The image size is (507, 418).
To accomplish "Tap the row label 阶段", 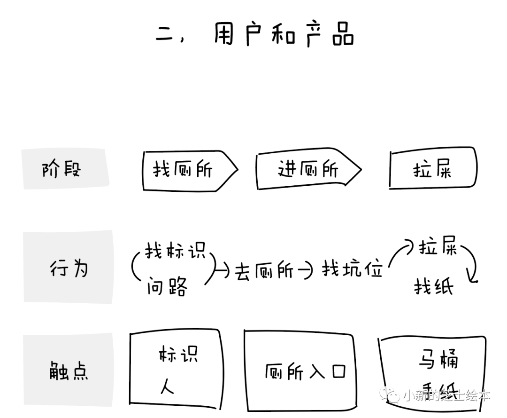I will pos(61,169).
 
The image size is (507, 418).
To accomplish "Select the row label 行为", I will pos(69,268).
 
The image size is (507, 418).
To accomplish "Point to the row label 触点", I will pos(68,371).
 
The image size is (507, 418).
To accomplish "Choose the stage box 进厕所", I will pos(307,170).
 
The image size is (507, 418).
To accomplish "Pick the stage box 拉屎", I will pos(432,170).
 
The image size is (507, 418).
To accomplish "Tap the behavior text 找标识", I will pos(175,251).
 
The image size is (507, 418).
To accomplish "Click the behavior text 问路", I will pos(167,285).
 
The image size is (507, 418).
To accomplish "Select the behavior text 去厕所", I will pos(263,270).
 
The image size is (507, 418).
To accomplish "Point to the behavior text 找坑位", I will pos(352,269).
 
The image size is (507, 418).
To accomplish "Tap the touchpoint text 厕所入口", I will pos(305,372).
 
